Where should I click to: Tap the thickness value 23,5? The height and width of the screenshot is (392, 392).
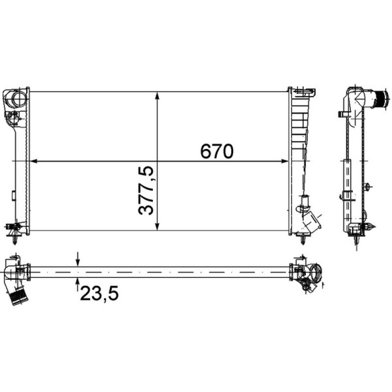pyautogui.click(x=98, y=294)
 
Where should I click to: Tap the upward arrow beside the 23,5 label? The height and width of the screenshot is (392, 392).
pyautogui.click(x=78, y=281)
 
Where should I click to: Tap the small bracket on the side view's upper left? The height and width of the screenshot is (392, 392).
pyautogui.click(x=341, y=115)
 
